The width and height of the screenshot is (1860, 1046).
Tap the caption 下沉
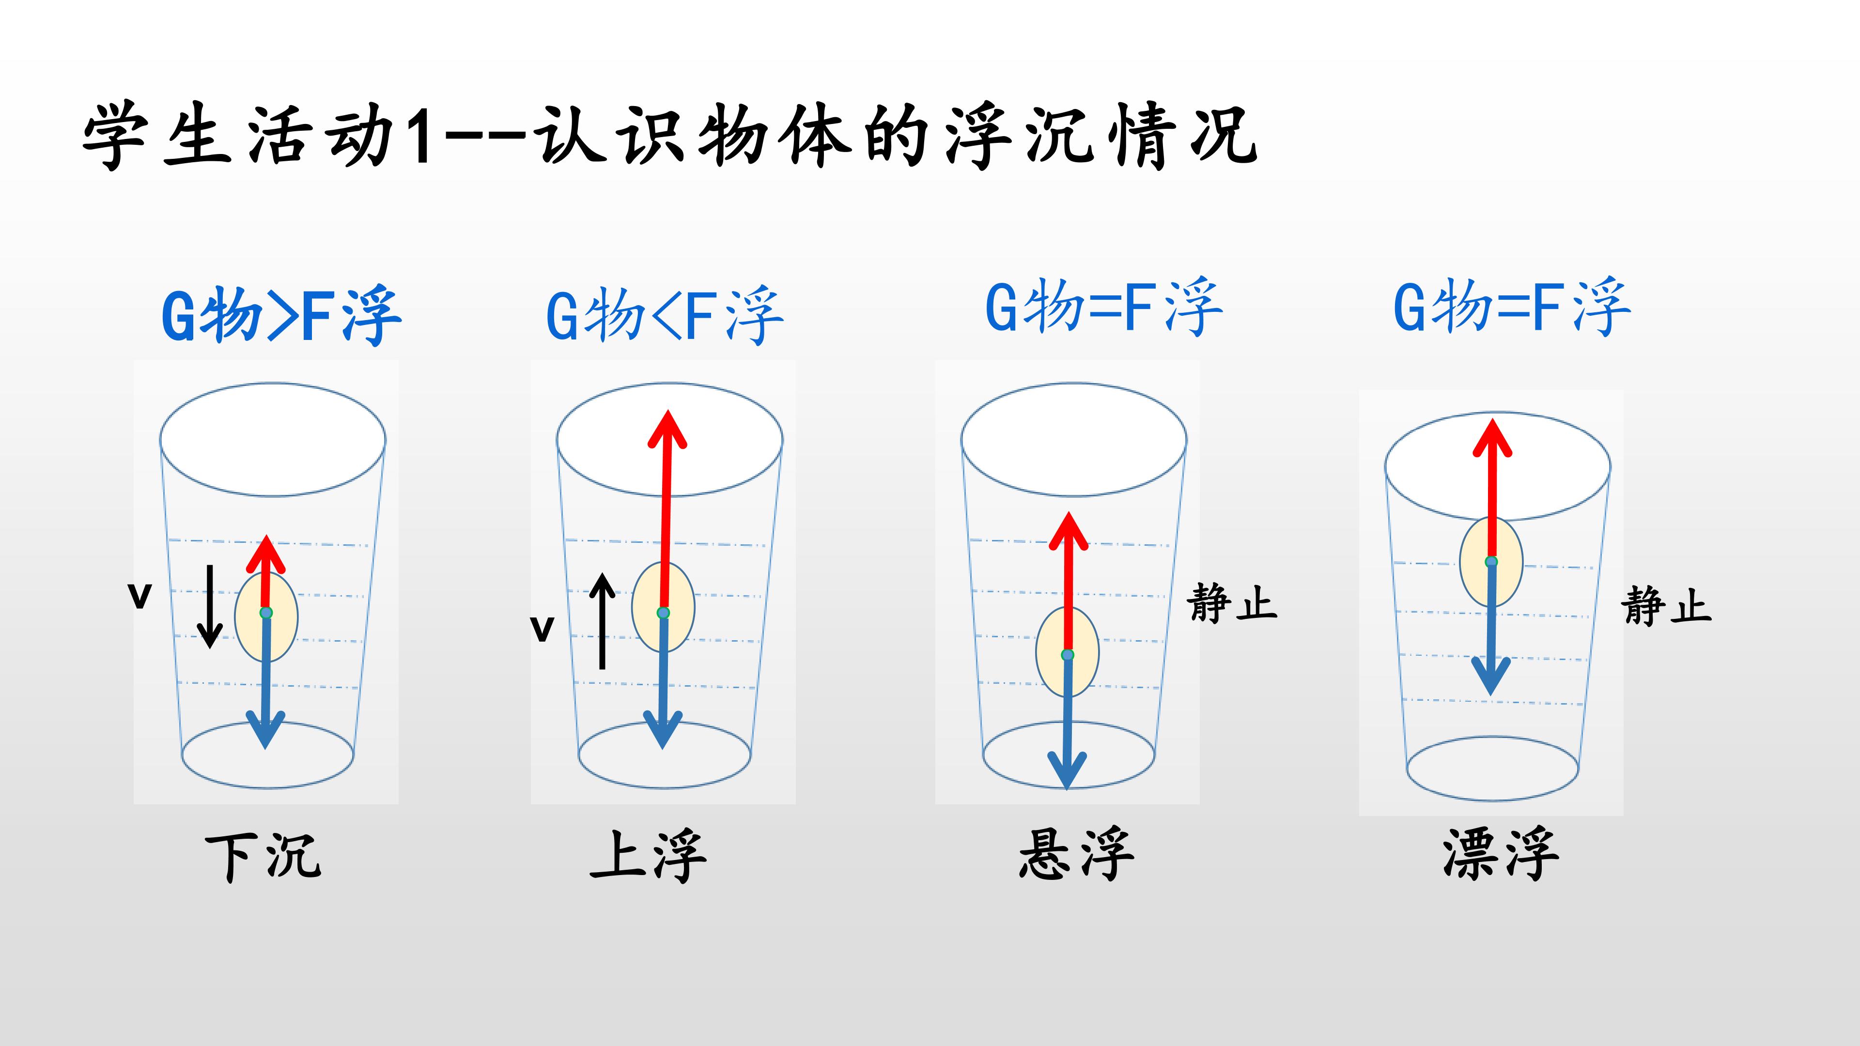[x=263, y=856]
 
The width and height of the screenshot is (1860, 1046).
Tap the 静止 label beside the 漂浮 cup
[x=1666, y=605]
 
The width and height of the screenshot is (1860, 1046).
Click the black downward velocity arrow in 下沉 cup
[x=210, y=606]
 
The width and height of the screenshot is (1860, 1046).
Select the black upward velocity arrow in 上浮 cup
[x=602, y=621]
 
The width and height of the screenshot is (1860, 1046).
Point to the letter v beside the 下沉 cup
[x=139, y=596]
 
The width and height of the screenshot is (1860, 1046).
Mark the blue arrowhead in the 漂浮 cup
[x=1491, y=676]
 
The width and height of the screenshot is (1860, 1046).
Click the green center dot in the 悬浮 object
[x=1068, y=655]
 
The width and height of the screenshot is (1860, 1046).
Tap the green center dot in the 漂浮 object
[x=1491, y=562]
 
